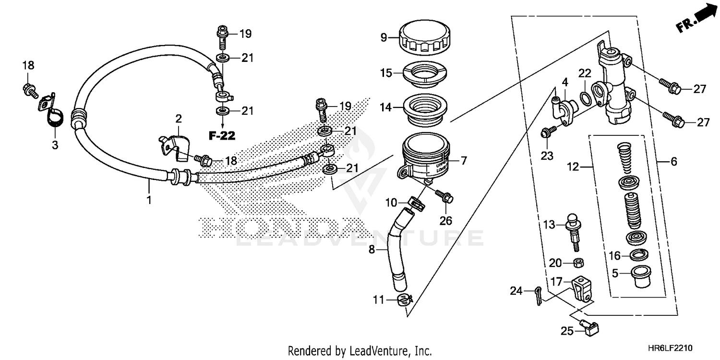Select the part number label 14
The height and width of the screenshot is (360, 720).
386,108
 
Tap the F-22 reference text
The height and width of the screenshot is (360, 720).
222,136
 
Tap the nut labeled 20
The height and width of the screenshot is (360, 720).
579,263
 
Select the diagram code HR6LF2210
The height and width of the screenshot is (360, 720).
671,348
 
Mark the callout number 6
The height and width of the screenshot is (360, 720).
673,162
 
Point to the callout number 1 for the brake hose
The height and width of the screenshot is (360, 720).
149,200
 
